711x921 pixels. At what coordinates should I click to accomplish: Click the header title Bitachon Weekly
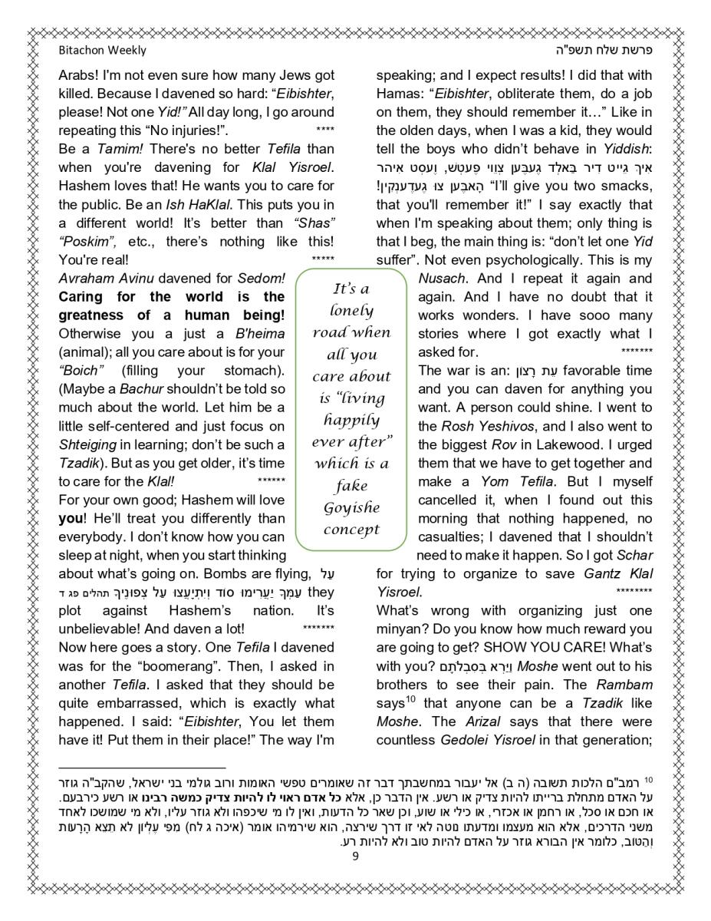coord(102,51)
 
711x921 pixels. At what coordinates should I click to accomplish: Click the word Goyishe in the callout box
coord(351,507)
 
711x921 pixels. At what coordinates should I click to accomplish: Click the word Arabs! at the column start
coord(80,77)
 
